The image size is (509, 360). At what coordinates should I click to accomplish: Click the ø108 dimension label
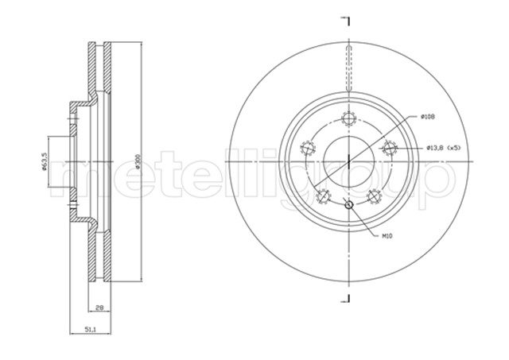[x=428, y=117]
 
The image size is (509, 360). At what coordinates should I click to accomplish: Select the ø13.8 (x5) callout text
[x=444, y=148]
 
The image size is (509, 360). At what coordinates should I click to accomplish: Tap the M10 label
[x=387, y=237]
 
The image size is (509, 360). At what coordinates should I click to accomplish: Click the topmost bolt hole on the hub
[x=348, y=119]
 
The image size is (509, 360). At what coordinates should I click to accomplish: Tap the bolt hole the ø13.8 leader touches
[x=389, y=148]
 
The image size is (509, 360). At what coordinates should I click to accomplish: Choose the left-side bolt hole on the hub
[x=307, y=148]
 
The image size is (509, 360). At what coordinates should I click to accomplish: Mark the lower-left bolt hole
[x=323, y=196]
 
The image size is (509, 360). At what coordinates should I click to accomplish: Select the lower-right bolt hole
[x=373, y=196]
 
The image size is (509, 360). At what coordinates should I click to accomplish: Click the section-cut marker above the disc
[x=346, y=17]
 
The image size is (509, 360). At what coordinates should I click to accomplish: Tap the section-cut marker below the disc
[x=346, y=298]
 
